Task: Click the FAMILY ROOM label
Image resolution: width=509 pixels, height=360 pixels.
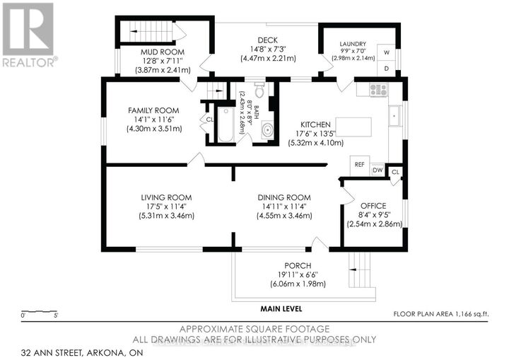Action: click(153, 110)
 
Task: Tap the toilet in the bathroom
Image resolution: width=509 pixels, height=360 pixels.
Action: click(259, 91)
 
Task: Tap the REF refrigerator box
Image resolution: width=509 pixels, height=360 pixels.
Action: click(360, 164)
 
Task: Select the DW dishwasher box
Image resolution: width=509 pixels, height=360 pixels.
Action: click(378, 170)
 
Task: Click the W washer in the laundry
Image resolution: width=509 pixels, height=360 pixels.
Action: click(387, 52)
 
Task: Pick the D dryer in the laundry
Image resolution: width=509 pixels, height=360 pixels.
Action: click(387, 69)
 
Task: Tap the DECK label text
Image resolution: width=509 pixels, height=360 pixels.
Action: click(268, 40)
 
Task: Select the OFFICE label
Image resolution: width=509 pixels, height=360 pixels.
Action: click(374, 206)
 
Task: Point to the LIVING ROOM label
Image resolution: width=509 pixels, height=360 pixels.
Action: click(166, 197)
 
